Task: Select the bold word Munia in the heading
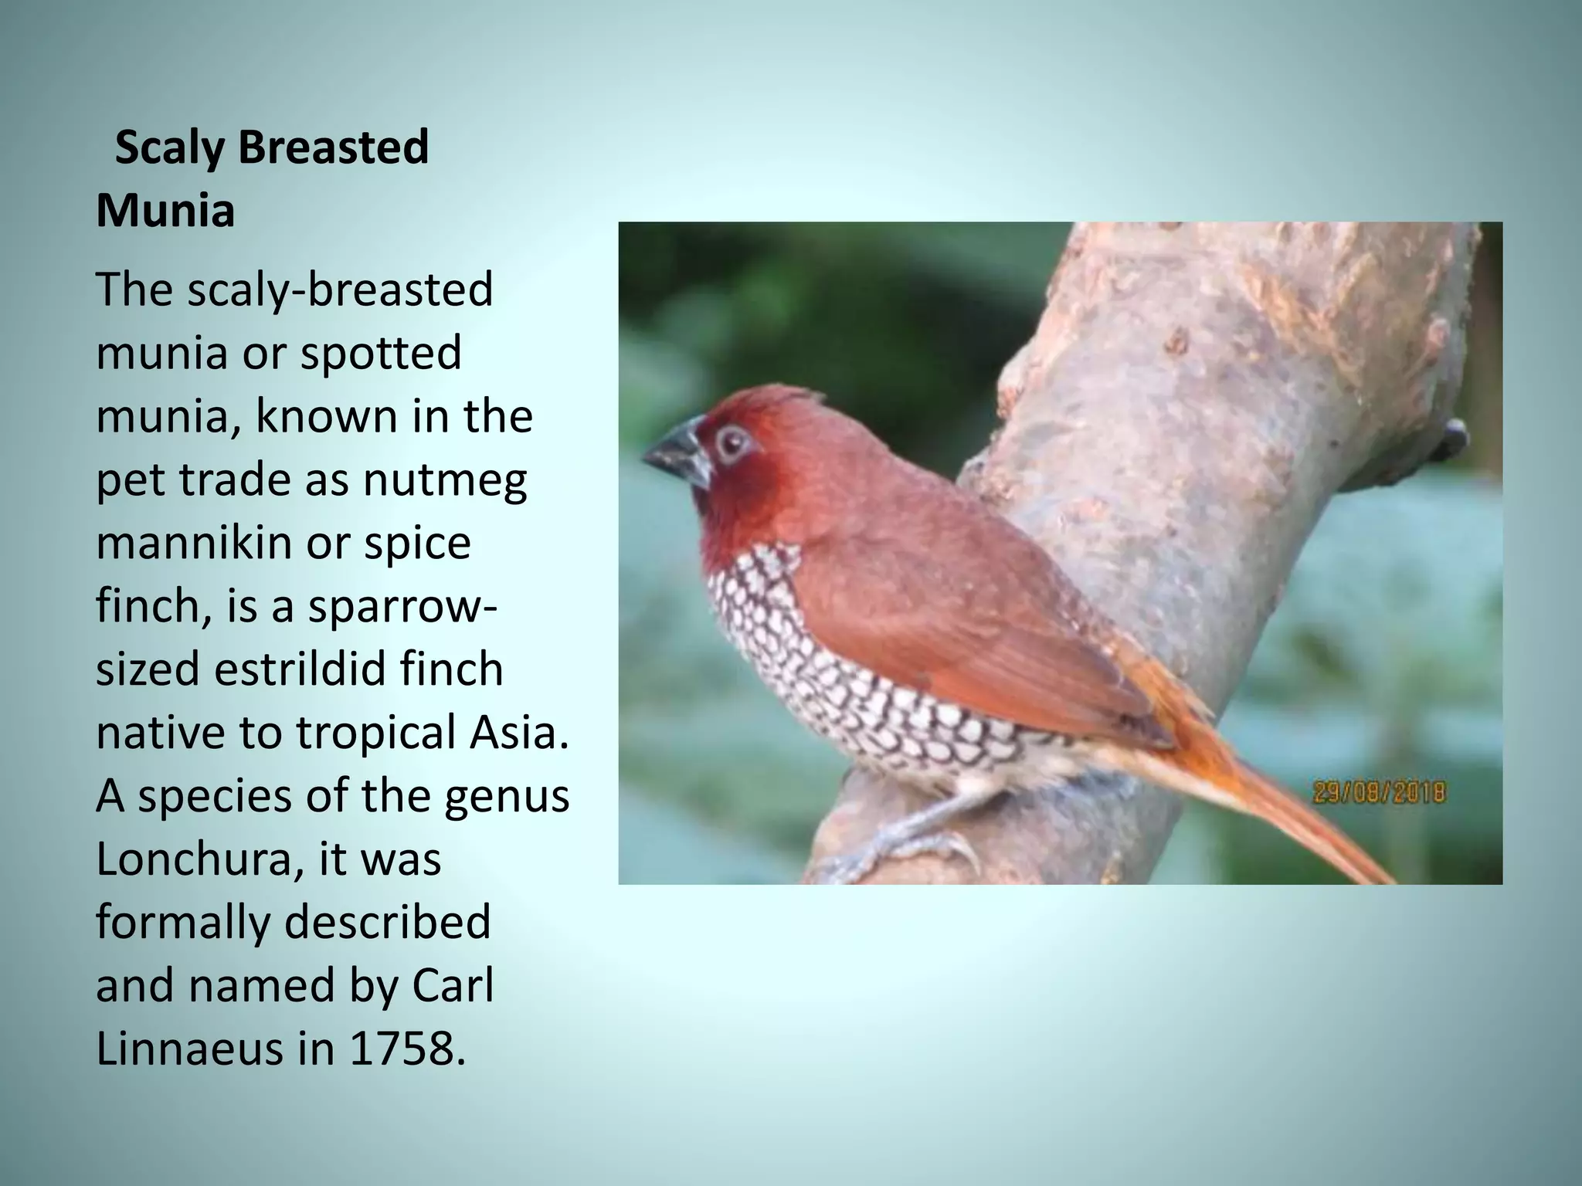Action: (x=165, y=211)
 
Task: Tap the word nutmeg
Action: (x=445, y=480)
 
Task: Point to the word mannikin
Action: (x=193, y=544)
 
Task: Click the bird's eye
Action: (x=731, y=443)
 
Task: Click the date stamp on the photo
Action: (x=1380, y=792)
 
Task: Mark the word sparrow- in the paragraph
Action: (x=402, y=607)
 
